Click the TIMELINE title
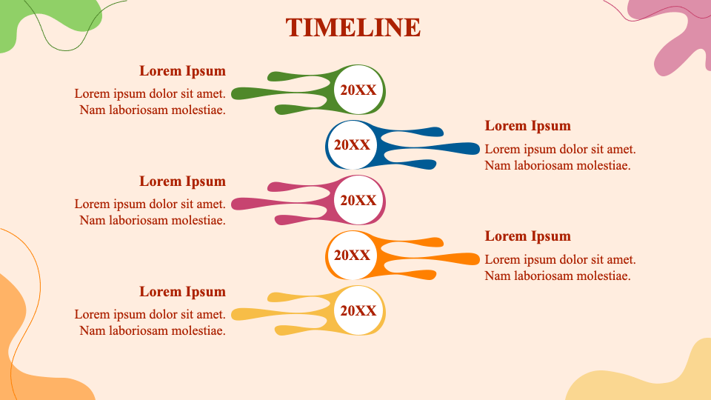click(353, 27)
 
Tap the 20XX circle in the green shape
click(358, 90)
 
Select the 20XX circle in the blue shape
click(353, 144)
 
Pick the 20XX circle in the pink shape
click(358, 200)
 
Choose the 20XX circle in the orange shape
click(353, 255)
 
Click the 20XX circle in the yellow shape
click(358, 310)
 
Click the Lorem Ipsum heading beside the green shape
click(182, 71)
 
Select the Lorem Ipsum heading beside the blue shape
click(528, 126)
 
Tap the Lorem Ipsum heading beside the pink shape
click(182, 181)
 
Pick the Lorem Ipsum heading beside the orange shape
click(528, 236)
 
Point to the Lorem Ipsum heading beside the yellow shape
click(182, 292)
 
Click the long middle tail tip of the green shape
click(233, 94)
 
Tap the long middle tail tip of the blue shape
click(478, 148)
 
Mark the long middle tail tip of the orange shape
click(478, 259)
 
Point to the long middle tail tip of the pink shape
click(233, 204)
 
